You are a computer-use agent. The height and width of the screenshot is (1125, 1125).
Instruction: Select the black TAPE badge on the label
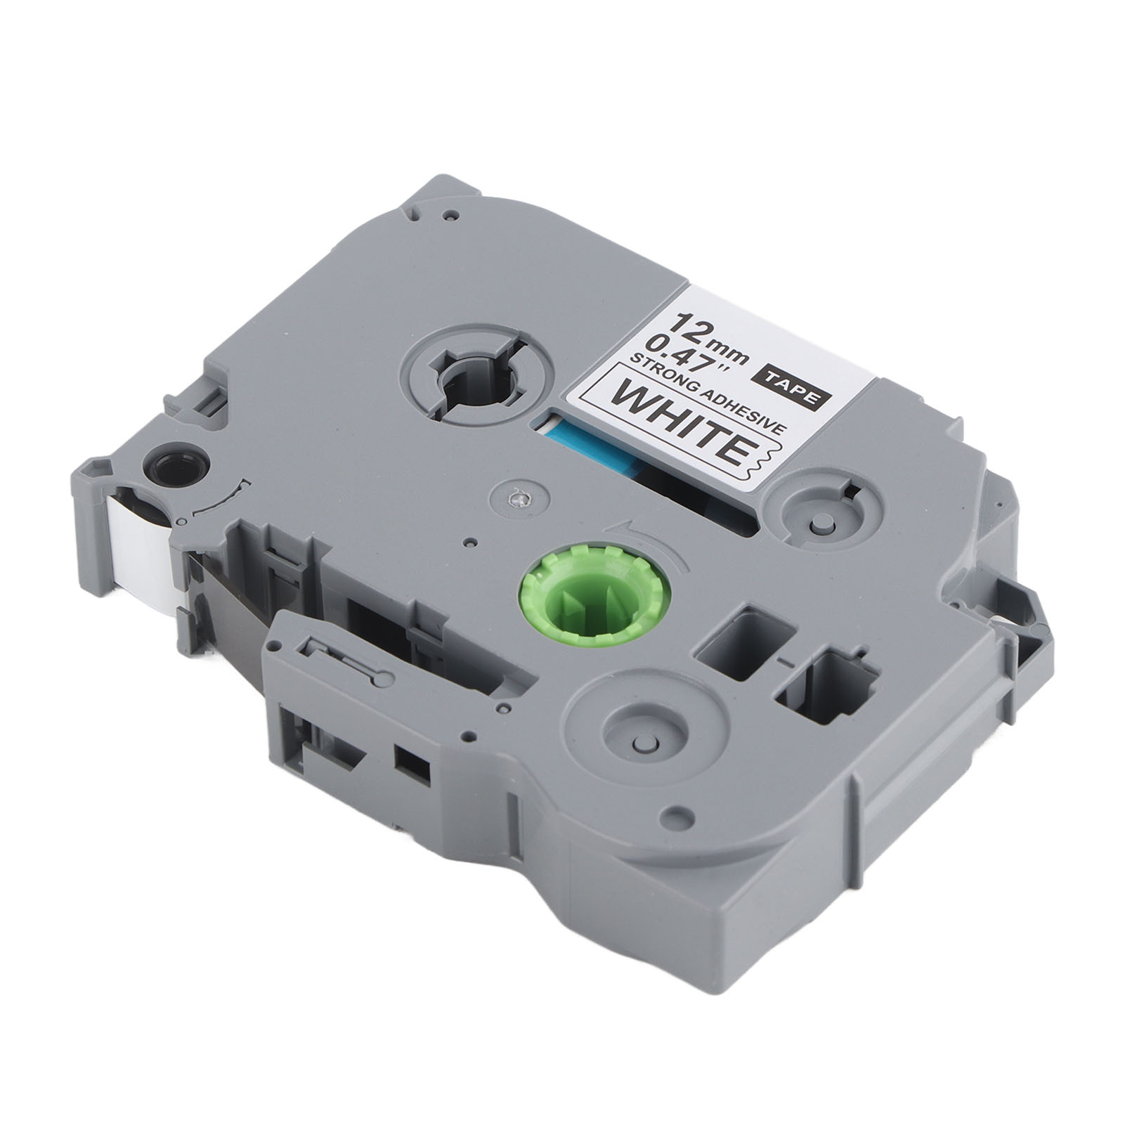click(x=797, y=384)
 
